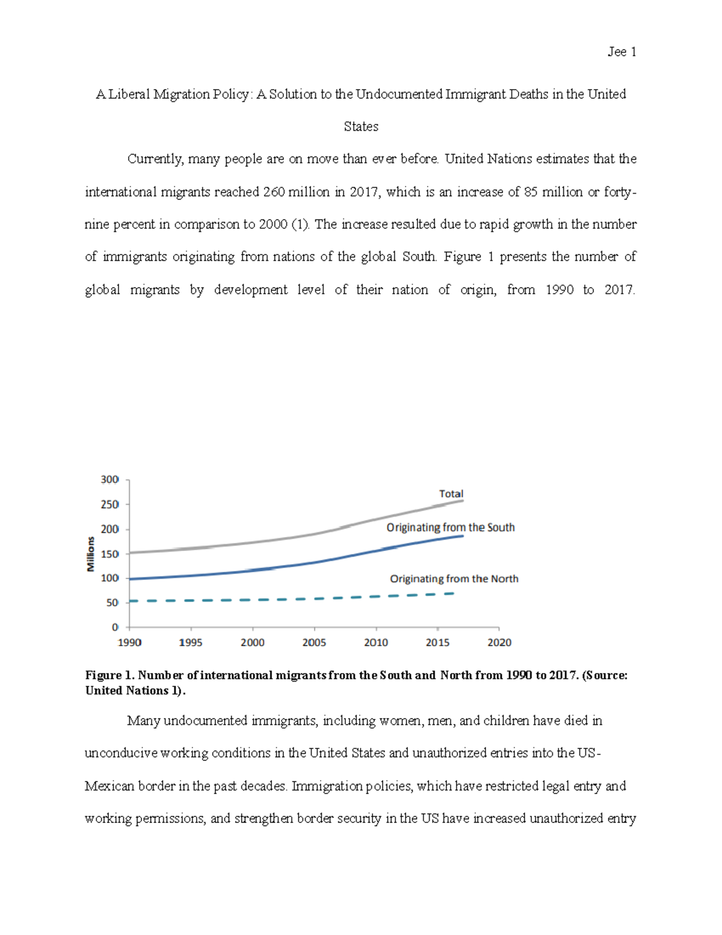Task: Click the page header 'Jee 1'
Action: click(622, 52)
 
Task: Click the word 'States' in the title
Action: click(361, 126)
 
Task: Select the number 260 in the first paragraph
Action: click(274, 192)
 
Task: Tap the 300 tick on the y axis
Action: click(110, 480)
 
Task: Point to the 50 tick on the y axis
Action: click(112, 603)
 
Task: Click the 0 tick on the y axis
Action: click(115, 627)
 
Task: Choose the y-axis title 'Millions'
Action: click(91, 554)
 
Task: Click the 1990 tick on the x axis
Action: click(129, 642)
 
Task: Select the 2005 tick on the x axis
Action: click(314, 642)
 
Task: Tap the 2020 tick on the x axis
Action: click(499, 642)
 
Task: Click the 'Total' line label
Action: click(451, 494)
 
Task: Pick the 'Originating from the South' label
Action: click(450, 527)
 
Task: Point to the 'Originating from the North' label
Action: click(454, 579)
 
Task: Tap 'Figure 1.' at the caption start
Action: click(110, 675)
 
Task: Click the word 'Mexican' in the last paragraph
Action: click(110, 786)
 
